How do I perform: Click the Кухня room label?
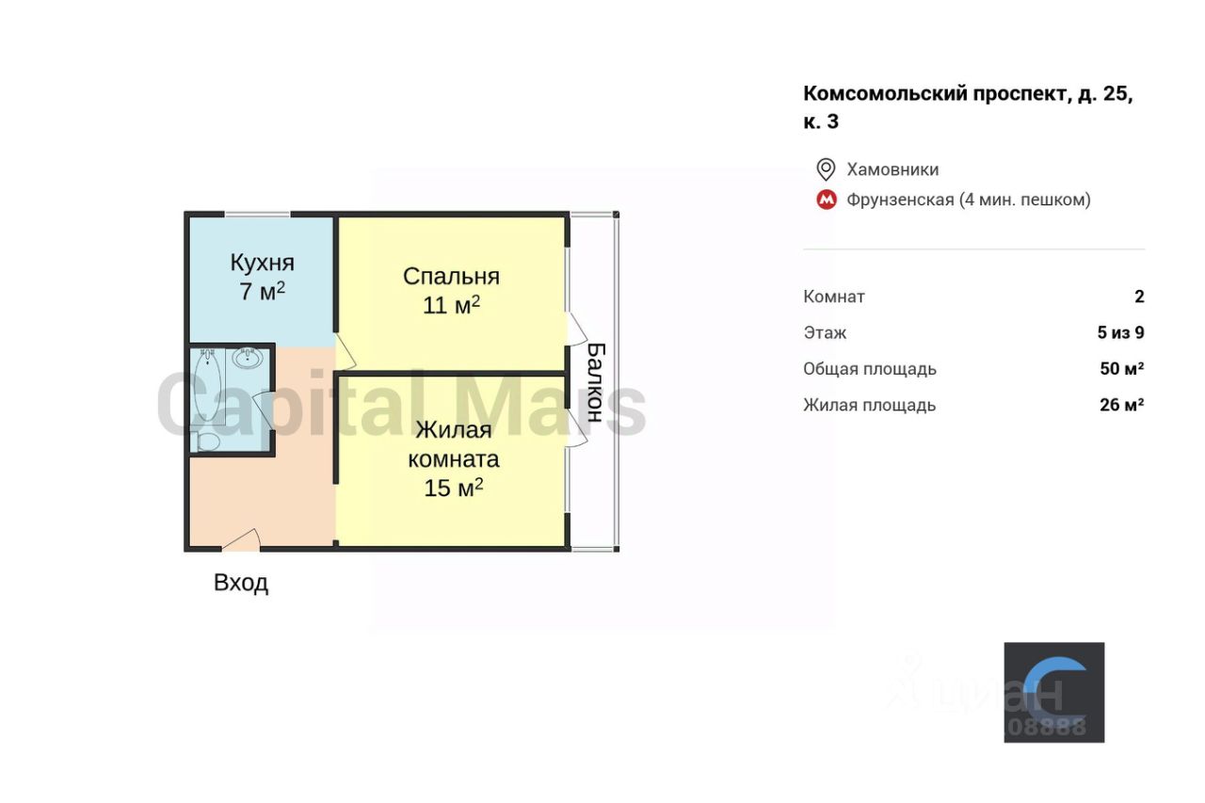coord(263,262)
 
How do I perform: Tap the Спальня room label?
coord(451,276)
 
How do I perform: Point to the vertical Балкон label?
coord(594,381)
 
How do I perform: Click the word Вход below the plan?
coord(241,583)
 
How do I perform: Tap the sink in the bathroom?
coord(248,358)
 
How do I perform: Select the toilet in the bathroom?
coord(207,441)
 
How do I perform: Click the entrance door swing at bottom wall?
coord(242,540)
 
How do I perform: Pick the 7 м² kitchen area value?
coord(262,291)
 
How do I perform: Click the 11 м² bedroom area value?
coord(451,305)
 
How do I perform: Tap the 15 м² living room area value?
coord(454,488)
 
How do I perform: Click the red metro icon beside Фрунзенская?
coord(827,200)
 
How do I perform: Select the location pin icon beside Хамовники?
coord(826,169)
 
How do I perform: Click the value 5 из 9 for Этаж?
coord(1120,332)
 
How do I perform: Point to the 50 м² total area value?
coord(1122,369)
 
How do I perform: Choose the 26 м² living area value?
coord(1122,405)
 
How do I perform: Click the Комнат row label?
coord(834,297)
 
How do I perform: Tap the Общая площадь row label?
coord(870,369)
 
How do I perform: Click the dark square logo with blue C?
coord(1053,692)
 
